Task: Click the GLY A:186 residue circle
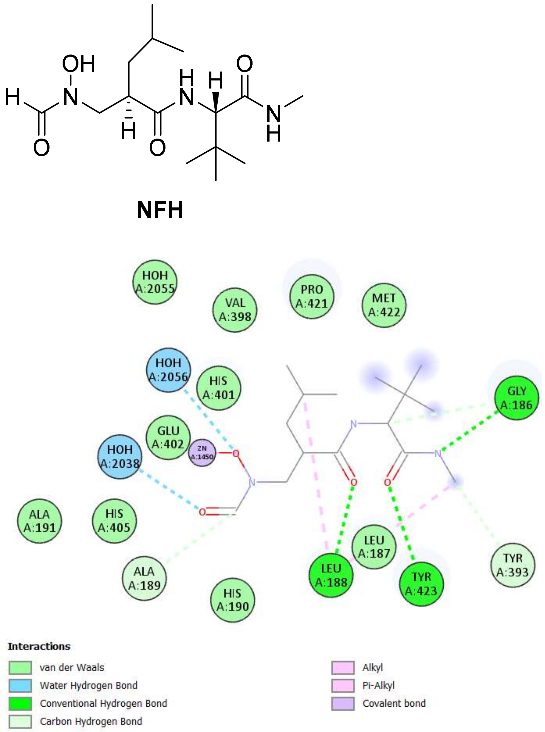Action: click(516, 398)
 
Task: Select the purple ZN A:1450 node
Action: click(202, 453)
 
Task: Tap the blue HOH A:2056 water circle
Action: click(168, 370)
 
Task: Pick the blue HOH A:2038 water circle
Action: click(120, 456)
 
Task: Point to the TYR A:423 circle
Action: click(421, 584)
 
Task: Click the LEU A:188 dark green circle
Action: click(331, 576)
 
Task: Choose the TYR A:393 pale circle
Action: click(513, 565)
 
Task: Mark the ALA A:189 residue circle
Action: click(144, 578)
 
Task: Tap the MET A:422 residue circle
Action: click(384, 305)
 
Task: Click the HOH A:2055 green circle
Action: click(155, 282)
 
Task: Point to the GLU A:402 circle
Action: click(168, 437)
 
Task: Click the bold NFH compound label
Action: click(160, 210)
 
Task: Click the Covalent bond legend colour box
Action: click(343, 703)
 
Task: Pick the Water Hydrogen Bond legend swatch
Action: click(21, 685)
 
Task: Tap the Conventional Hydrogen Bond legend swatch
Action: click(21, 703)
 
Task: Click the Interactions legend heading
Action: click(39, 646)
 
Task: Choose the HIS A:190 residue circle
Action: click(233, 600)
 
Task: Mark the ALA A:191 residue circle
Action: click(39, 521)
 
